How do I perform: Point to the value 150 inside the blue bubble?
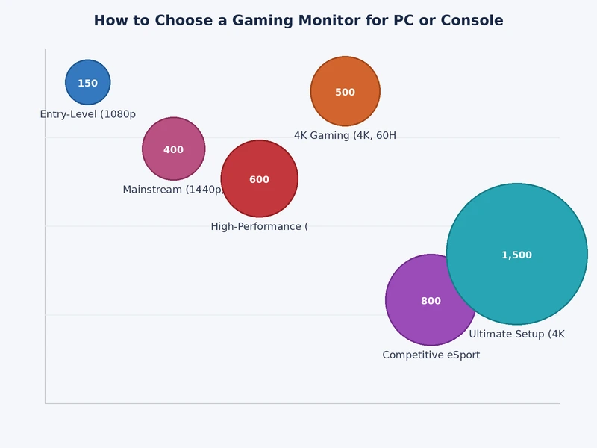(x=87, y=84)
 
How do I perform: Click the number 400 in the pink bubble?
(x=173, y=150)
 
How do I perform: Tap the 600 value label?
(x=259, y=180)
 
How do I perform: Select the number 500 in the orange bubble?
(x=345, y=93)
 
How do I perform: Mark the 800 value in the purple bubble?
(x=431, y=302)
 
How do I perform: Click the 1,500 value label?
(x=516, y=255)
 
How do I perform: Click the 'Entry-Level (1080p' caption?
(x=87, y=114)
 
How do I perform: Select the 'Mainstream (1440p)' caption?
(x=173, y=190)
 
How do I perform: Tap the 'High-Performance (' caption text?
(x=259, y=226)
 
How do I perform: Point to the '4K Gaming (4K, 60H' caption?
(x=345, y=136)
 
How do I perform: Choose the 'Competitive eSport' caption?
(x=431, y=355)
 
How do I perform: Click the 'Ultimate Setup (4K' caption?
(x=516, y=334)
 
